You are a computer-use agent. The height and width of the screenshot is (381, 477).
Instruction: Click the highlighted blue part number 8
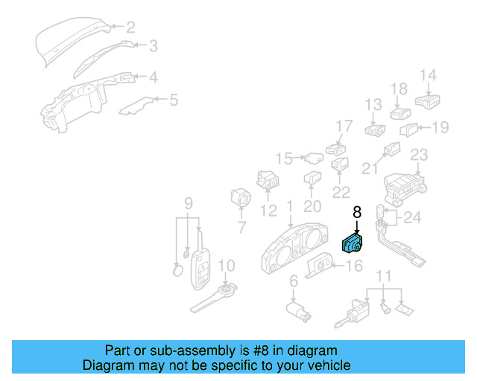pos(351,243)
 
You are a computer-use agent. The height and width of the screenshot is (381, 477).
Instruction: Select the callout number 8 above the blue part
pos(356,212)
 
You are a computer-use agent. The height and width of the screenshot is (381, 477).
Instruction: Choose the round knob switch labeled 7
pos(241,200)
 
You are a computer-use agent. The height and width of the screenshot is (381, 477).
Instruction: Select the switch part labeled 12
pos(268,179)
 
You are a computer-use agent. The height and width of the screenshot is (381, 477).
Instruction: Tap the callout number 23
pos(419,155)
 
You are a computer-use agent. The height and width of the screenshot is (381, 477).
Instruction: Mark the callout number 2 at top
pos(130,28)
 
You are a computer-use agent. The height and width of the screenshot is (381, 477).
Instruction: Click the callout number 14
pos(427,75)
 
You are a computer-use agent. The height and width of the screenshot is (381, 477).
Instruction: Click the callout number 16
pos(354,265)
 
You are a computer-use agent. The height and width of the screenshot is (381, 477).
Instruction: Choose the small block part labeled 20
pos(312,179)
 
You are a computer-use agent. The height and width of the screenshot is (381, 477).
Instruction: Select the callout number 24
pos(412,218)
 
